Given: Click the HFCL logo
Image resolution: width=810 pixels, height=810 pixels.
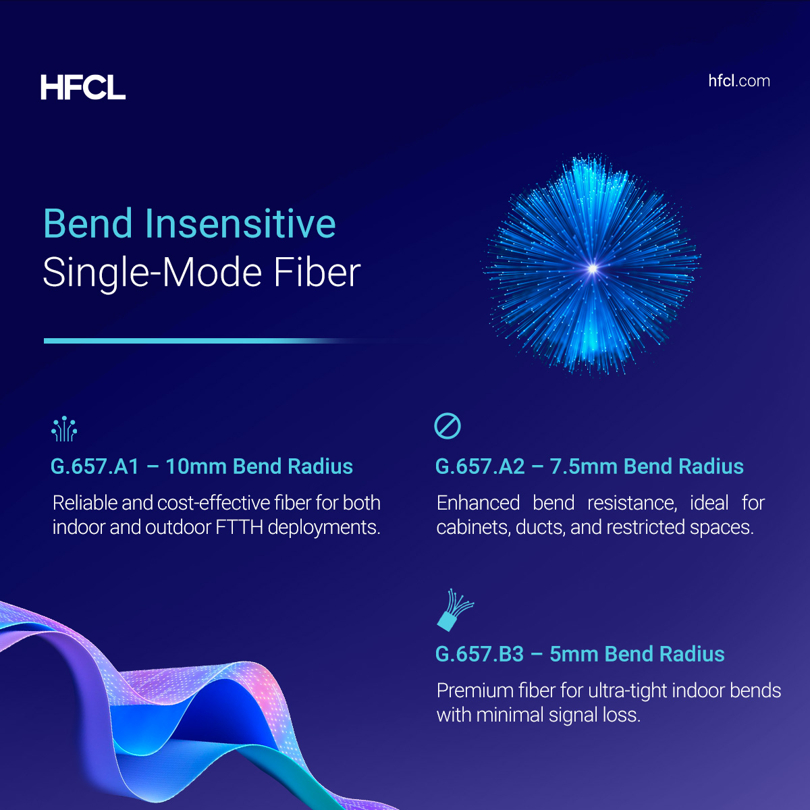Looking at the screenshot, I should [83, 88].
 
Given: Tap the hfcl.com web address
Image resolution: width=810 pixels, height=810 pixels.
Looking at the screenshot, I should [739, 81].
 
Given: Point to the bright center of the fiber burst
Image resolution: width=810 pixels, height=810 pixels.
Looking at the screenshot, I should [593, 269].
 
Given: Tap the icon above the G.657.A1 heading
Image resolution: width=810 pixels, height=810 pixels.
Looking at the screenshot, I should [64, 429].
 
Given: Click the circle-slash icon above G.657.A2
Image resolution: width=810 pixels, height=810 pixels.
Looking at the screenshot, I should [448, 427].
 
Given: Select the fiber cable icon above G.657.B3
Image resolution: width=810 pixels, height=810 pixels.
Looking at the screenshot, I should [454, 610].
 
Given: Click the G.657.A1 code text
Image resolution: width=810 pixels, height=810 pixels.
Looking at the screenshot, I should [94, 466].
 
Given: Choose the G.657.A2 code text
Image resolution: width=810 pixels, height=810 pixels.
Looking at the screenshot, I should [480, 466].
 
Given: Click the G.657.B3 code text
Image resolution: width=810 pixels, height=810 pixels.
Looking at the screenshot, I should [479, 654].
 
